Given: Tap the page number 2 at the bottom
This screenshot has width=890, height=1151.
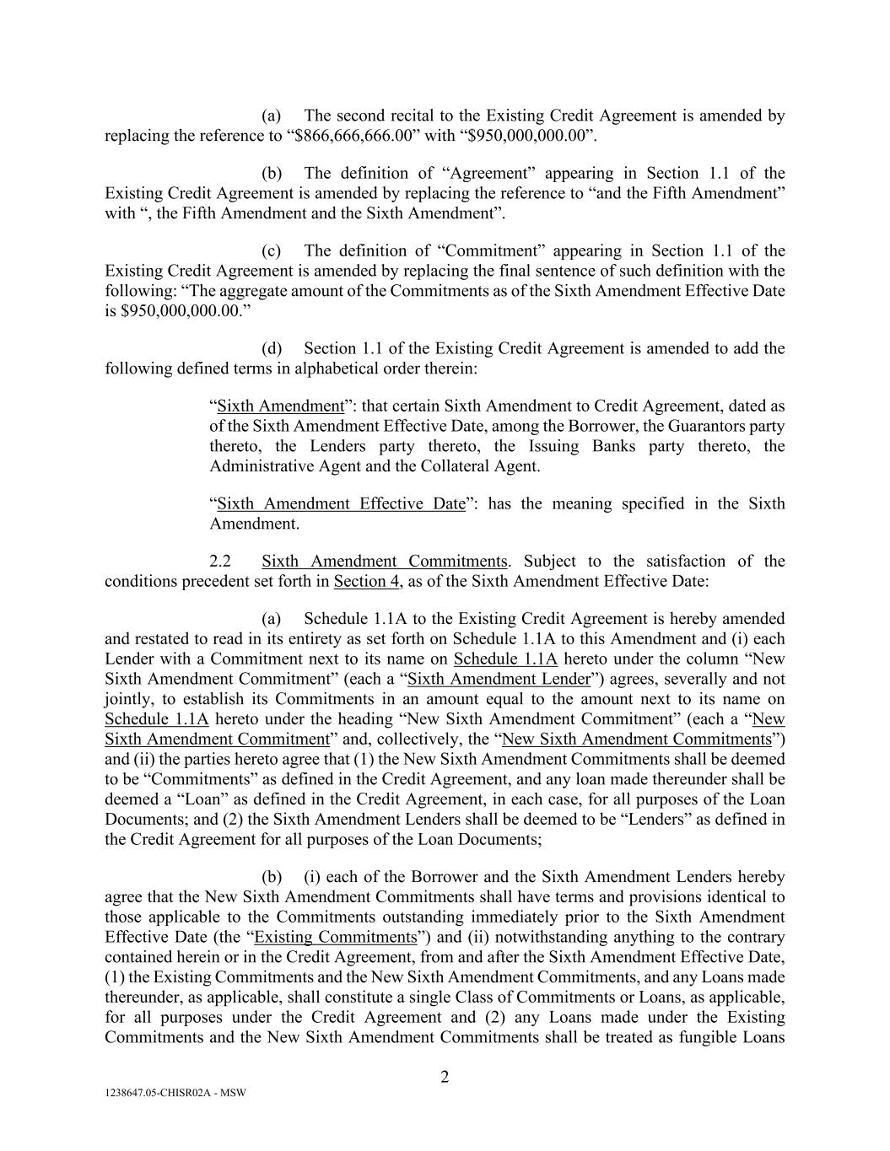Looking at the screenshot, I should point(445,1077).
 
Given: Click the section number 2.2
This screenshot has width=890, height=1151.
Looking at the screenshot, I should point(220,562).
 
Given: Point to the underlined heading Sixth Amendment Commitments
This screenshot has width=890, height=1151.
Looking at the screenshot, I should point(385,562).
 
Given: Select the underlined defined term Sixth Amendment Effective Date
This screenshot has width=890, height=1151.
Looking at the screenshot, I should point(341,504).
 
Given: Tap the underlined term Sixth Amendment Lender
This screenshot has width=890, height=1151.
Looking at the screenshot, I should point(499,680).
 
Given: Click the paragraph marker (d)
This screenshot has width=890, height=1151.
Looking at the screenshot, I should point(272,349).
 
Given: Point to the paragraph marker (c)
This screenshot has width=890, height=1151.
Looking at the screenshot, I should point(272,251).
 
